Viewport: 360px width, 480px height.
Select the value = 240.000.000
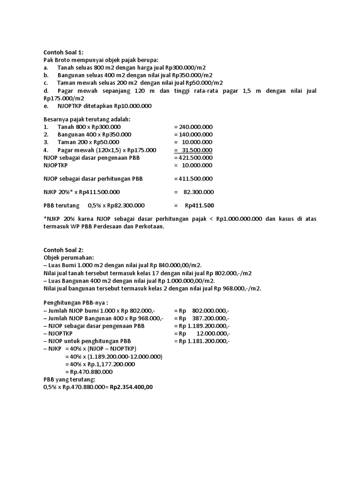[x=193, y=127]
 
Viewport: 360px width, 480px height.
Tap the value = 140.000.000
[x=193, y=135]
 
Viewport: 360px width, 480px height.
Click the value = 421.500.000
[x=193, y=157]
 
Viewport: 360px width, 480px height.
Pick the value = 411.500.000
[x=193, y=179]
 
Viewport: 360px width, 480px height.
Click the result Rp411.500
[x=199, y=205]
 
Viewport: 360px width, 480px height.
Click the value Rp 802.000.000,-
[x=202, y=310]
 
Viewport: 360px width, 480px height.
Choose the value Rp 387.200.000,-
[x=202, y=318]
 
